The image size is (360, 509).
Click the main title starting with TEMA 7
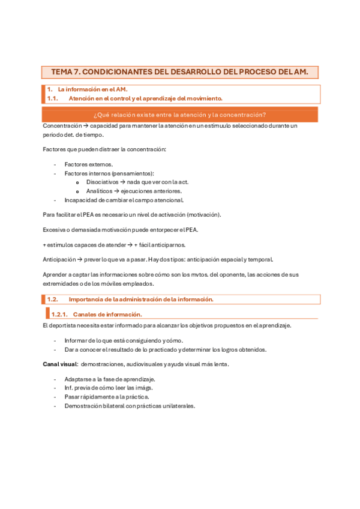point(179,72)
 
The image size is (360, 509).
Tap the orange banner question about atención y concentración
point(180,115)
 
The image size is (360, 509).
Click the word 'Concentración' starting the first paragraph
point(62,126)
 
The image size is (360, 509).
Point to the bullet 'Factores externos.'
point(88,164)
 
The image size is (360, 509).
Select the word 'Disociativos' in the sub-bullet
point(103,182)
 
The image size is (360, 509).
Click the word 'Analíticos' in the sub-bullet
point(99,191)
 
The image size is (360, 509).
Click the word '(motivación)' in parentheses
point(203,214)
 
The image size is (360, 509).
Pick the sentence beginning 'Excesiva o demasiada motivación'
point(120,229)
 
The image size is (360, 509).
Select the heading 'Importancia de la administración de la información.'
point(141,299)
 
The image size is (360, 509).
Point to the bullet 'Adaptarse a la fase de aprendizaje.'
point(110,379)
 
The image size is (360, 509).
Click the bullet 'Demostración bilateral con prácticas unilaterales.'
point(130,406)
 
